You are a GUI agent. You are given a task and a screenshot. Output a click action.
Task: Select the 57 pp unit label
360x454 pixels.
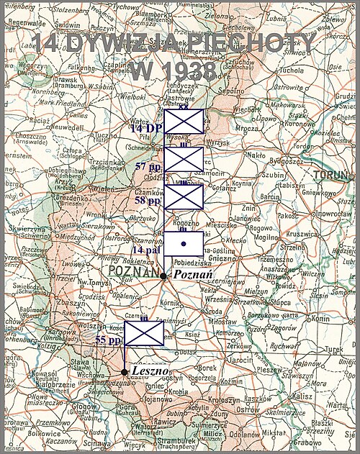point(148,166)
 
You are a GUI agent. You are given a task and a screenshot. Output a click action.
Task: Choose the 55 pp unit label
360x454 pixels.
point(108,339)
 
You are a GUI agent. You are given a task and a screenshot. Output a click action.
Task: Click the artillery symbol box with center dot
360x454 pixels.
point(184,245)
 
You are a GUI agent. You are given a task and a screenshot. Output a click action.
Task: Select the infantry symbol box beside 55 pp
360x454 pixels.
point(144,335)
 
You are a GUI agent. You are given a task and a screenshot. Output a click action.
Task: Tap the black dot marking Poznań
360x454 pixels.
point(164,276)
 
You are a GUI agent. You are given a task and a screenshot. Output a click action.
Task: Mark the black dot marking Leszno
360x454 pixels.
point(125,372)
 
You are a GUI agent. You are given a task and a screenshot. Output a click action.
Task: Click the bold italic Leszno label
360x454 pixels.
point(150,371)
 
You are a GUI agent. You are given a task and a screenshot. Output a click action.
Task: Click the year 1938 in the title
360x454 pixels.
point(174,71)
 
